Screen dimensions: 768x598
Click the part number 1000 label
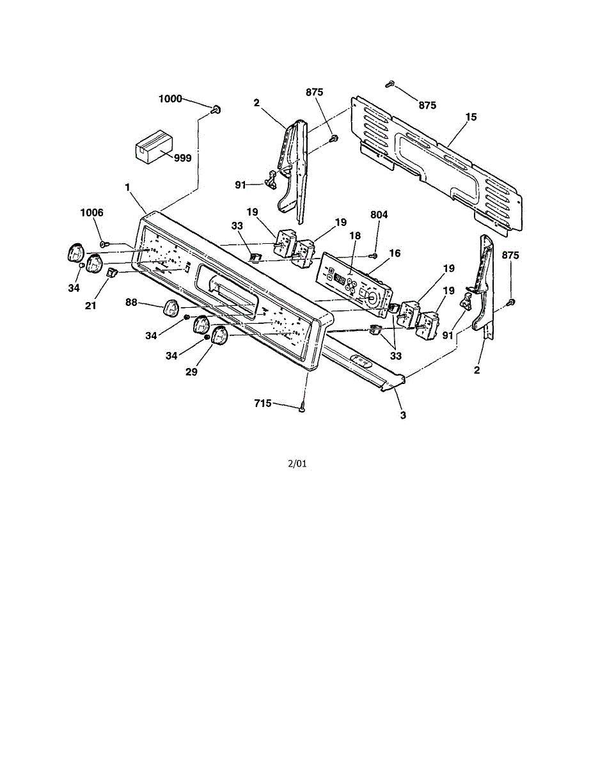click(170, 99)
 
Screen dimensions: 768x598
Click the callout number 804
click(379, 215)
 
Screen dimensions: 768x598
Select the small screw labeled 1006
click(106, 243)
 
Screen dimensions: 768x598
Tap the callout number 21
click(91, 306)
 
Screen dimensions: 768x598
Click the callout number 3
click(402, 415)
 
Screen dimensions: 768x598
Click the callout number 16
click(395, 253)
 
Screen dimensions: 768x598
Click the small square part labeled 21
click(111, 274)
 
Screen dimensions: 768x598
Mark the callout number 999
click(182, 157)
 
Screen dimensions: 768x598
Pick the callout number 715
click(263, 403)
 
